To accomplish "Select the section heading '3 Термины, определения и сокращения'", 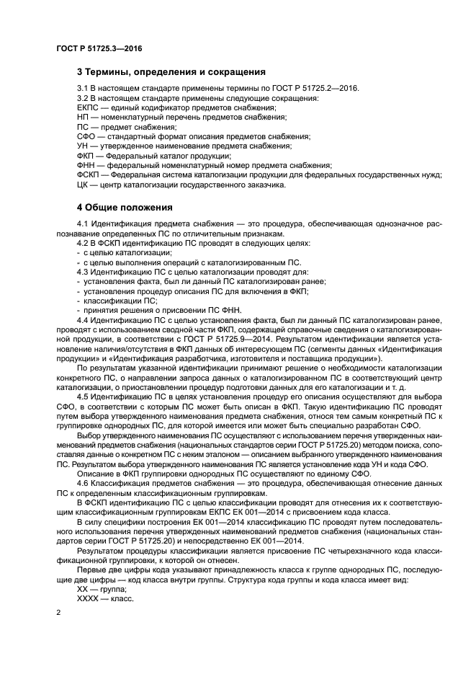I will [x=171, y=72].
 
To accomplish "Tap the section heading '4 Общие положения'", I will [x=123, y=208].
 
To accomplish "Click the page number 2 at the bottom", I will [x=58, y=612].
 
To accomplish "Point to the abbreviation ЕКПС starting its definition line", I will [x=88, y=107].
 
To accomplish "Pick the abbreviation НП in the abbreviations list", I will [x=83, y=117].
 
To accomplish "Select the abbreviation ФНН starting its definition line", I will [x=86, y=165].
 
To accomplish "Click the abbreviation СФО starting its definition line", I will [x=86, y=136].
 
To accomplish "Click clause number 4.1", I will [x=82, y=224].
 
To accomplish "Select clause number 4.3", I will [x=82, y=272].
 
